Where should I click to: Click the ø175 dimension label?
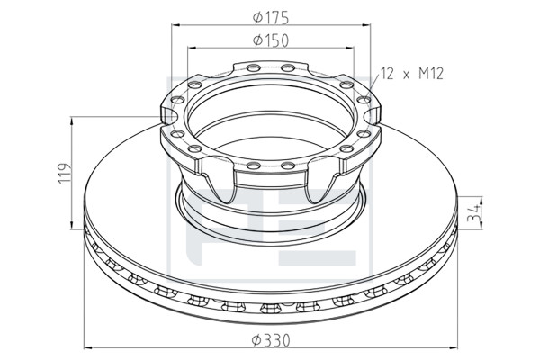click(271, 18)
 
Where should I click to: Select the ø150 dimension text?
click(271, 40)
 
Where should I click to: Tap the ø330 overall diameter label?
click(271, 341)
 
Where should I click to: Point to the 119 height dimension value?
click(65, 174)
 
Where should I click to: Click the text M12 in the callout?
click(431, 74)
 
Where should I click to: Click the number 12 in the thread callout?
click(387, 74)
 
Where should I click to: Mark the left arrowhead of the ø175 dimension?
click(175, 25)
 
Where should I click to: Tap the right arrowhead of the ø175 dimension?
click(366, 25)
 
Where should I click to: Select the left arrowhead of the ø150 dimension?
click(193, 48)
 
